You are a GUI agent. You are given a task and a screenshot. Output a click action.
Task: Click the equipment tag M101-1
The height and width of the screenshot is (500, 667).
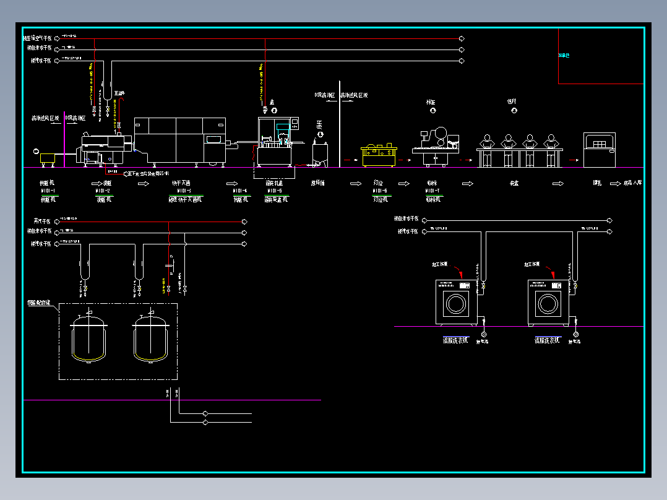click(48, 191)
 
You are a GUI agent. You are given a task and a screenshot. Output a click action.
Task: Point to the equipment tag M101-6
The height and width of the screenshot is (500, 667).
click(380, 191)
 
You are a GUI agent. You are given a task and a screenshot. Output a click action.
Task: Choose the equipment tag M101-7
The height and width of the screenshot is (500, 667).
click(433, 191)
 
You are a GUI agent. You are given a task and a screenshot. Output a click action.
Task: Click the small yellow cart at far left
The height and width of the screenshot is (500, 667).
click(48, 158)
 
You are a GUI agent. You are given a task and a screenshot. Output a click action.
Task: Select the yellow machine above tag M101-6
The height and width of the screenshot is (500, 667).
click(378, 155)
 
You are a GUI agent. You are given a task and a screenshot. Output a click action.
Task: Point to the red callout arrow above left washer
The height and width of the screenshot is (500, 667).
click(457, 272)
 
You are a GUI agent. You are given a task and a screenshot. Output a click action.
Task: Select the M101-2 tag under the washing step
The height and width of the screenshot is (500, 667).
click(103, 191)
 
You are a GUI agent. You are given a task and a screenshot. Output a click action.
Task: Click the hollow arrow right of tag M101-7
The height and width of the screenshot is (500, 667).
click(468, 184)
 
